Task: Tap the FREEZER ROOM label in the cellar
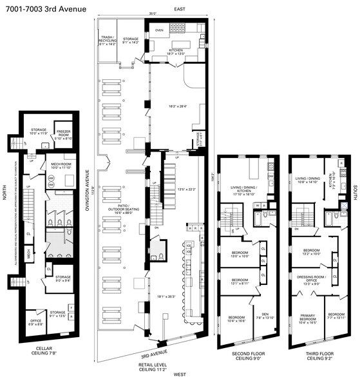62,134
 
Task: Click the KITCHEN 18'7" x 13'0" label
175,53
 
